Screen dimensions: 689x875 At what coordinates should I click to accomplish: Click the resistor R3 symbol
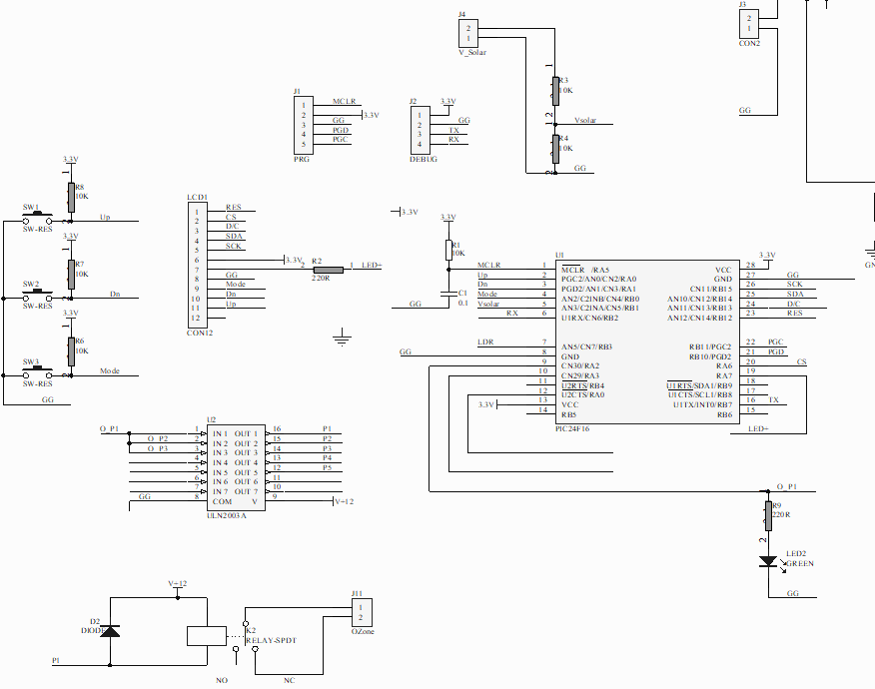554,90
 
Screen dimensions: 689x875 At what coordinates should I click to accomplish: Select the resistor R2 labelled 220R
327,269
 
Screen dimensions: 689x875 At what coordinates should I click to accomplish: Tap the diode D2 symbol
111,631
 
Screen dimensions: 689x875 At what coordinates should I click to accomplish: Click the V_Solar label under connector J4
472,52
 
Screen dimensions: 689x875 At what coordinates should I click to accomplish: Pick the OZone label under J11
363,631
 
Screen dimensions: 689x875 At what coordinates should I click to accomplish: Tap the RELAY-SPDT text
273,640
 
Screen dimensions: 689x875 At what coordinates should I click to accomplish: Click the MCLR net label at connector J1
345,101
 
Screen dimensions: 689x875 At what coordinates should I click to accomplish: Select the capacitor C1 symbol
447,295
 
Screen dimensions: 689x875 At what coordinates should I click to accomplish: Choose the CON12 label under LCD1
200,332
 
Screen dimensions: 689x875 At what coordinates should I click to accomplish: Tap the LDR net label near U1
485,343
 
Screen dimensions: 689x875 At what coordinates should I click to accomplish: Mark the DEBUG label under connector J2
424,159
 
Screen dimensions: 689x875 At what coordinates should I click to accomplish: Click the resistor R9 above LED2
768,515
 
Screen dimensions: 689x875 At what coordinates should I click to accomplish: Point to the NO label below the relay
222,680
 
